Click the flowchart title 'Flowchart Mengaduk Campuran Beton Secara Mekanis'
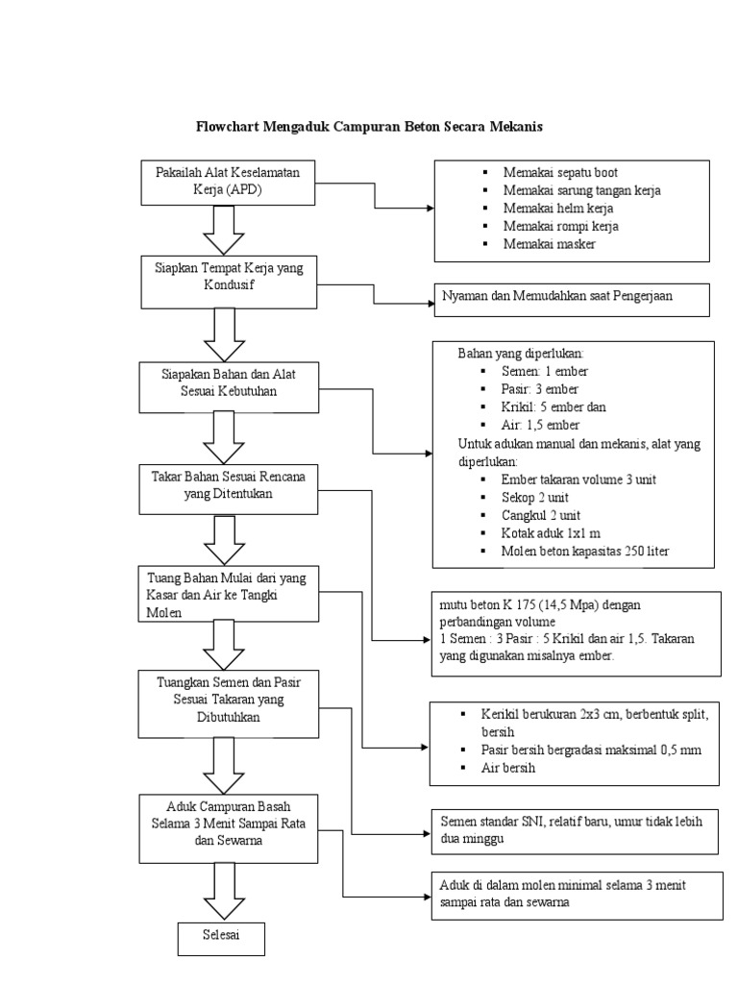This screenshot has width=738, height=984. tap(370, 127)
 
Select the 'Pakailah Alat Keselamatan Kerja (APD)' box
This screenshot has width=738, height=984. tap(227, 182)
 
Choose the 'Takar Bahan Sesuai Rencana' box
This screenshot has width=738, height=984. tap(228, 485)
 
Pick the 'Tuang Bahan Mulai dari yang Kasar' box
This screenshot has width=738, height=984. tap(228, 592)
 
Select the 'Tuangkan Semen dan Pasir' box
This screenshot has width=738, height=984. tap(228, 700)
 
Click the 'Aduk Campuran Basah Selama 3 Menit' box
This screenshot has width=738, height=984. tap(228, 826)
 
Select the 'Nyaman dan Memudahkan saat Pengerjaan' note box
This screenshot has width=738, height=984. tap(572, 298)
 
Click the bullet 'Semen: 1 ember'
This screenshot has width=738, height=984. tap(544, 371)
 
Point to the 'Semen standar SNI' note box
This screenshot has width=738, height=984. tap(574, 829)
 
